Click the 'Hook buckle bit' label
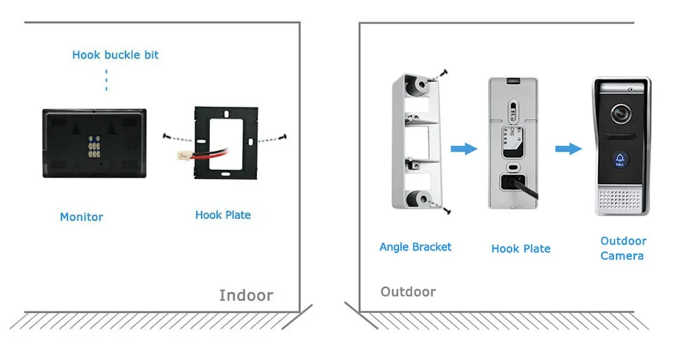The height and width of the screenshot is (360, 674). [115, 55]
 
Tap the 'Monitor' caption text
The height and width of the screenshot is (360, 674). [81, 217]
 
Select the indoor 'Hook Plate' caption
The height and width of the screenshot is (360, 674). [223, 215]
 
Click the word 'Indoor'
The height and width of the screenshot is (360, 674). [246, 295]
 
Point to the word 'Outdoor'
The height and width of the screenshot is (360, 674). [408, 291]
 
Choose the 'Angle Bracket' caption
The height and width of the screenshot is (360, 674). [416, 246]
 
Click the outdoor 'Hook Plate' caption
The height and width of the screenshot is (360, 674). [520, 248]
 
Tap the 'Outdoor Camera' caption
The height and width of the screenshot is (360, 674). [623, 248]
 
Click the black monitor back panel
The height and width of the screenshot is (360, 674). [70, 142]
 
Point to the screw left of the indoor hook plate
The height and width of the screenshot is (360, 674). [165, 136]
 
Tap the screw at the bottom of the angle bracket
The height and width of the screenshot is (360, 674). [447, 209]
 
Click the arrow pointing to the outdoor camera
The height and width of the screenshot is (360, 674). [568, 149]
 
